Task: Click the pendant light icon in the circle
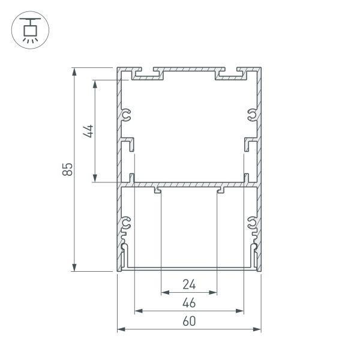pos(29,30)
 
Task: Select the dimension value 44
pos(88,131)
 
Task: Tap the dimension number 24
pos(189,284)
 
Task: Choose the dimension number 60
pos(189,321)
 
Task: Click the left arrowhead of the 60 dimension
pos(120,329)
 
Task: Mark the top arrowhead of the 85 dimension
pos(75,71)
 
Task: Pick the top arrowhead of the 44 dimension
pos(95,83)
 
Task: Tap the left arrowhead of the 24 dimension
pos(164,293)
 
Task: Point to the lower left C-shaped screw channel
pos(127,224)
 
